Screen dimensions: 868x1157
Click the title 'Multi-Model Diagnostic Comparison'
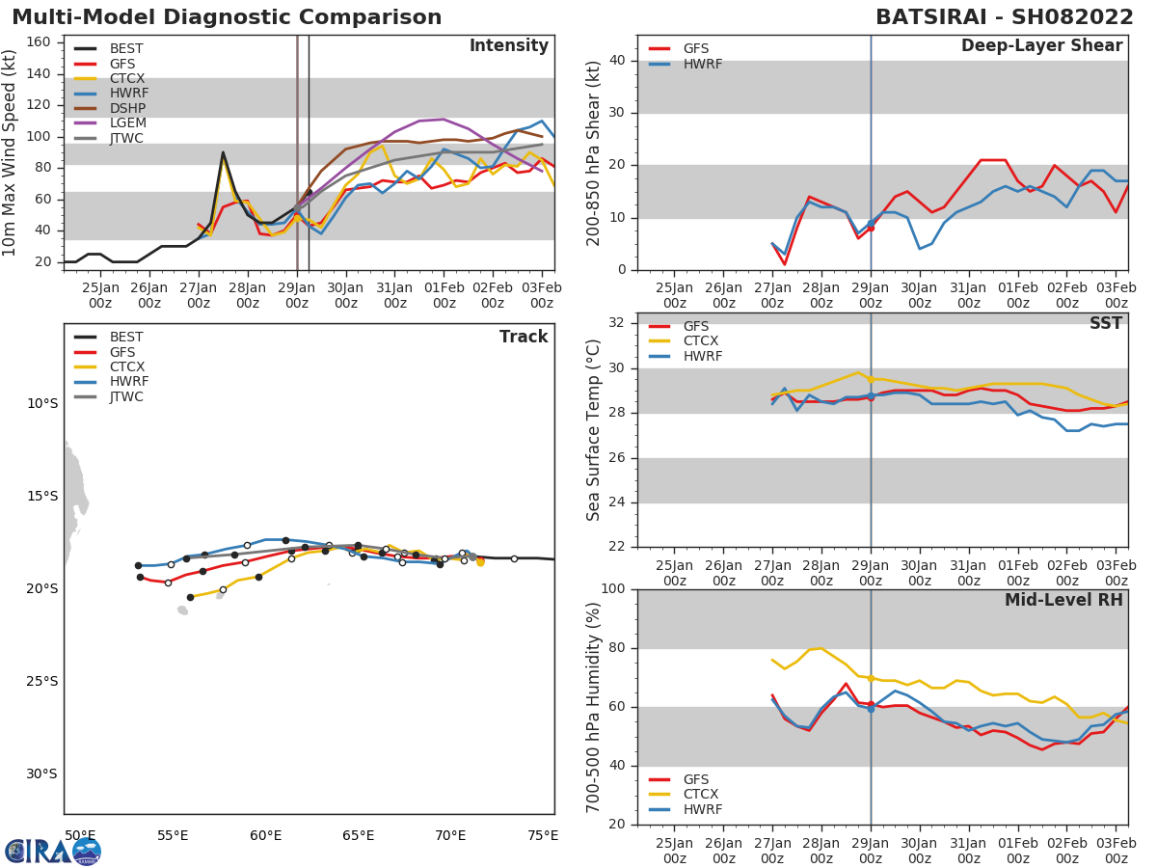coord(227,17)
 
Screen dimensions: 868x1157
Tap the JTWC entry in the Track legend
coord(126,396)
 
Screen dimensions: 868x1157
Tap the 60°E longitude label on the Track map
coord(265,835)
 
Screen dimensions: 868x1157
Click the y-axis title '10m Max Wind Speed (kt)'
coord(11,152)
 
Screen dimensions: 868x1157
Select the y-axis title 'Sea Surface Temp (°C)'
coord(594,430)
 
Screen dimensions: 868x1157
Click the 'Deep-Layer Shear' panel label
coord(1041,46)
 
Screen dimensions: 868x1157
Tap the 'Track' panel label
coord(524,337)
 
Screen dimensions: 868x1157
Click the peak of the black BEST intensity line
coord(223,152)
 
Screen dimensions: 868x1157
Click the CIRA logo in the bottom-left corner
coord(53,851)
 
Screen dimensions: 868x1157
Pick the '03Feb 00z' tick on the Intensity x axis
coord(542,294)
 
